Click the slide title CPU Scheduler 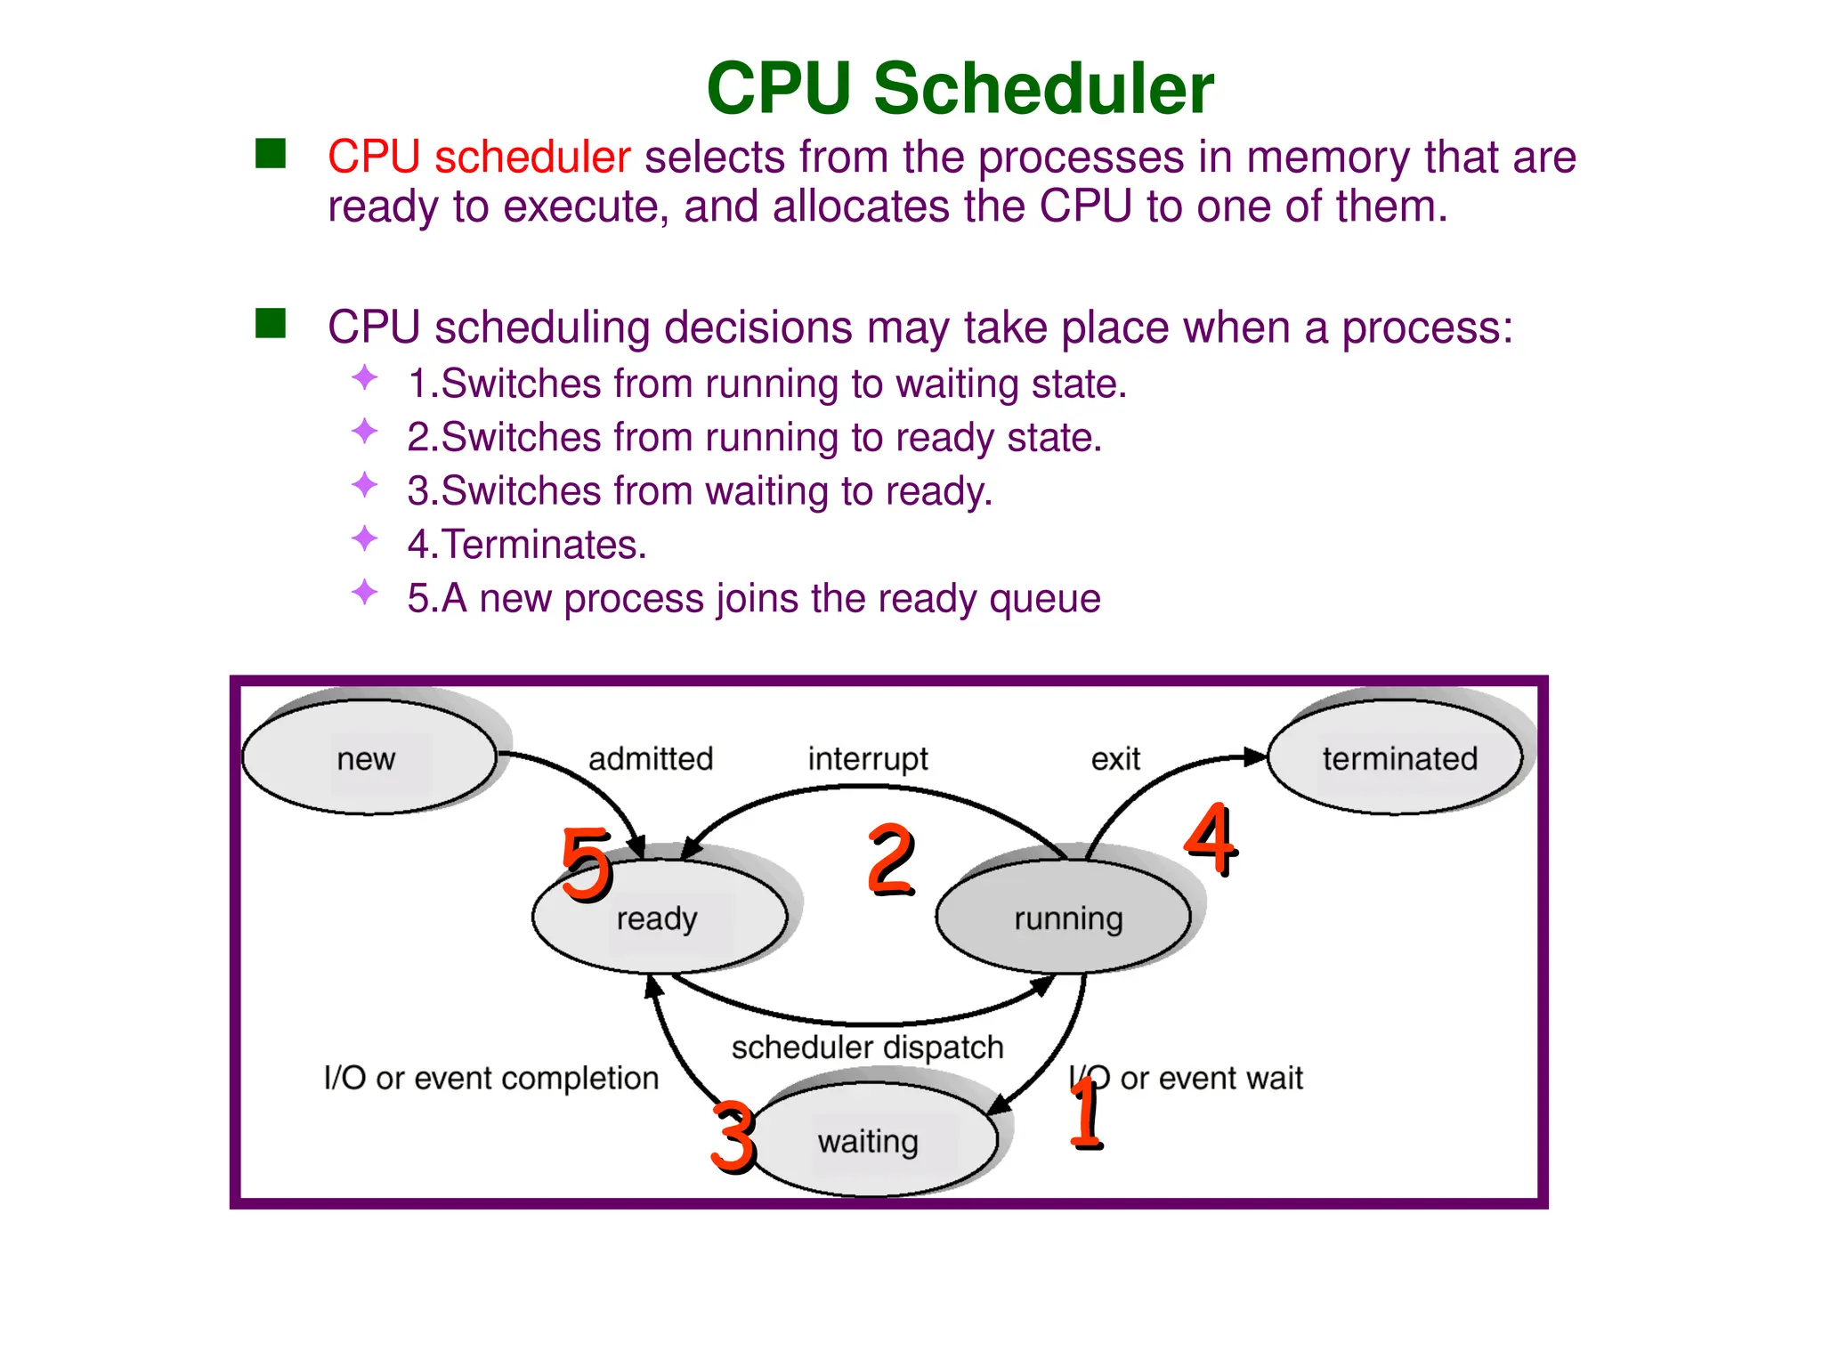click(x=960, y=89)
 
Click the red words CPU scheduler click(x=479, y=158)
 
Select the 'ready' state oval click(x=659, y=918)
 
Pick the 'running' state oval click(x=1065, y=918)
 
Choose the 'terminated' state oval click(x=1396, y=757)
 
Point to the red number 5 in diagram click(x=586, y=862)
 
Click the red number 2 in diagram click(x=890, y=859)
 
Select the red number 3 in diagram click(x=733, y=1136)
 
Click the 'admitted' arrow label click(x=651, y=759)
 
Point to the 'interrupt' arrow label click(x=867, y=759)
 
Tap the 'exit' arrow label click(x=1115, y=759)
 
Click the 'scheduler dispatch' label click(x=867, y=1047)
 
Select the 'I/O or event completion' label click(x=490, y=1078)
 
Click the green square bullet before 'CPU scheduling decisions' click(x=271, y=324)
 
